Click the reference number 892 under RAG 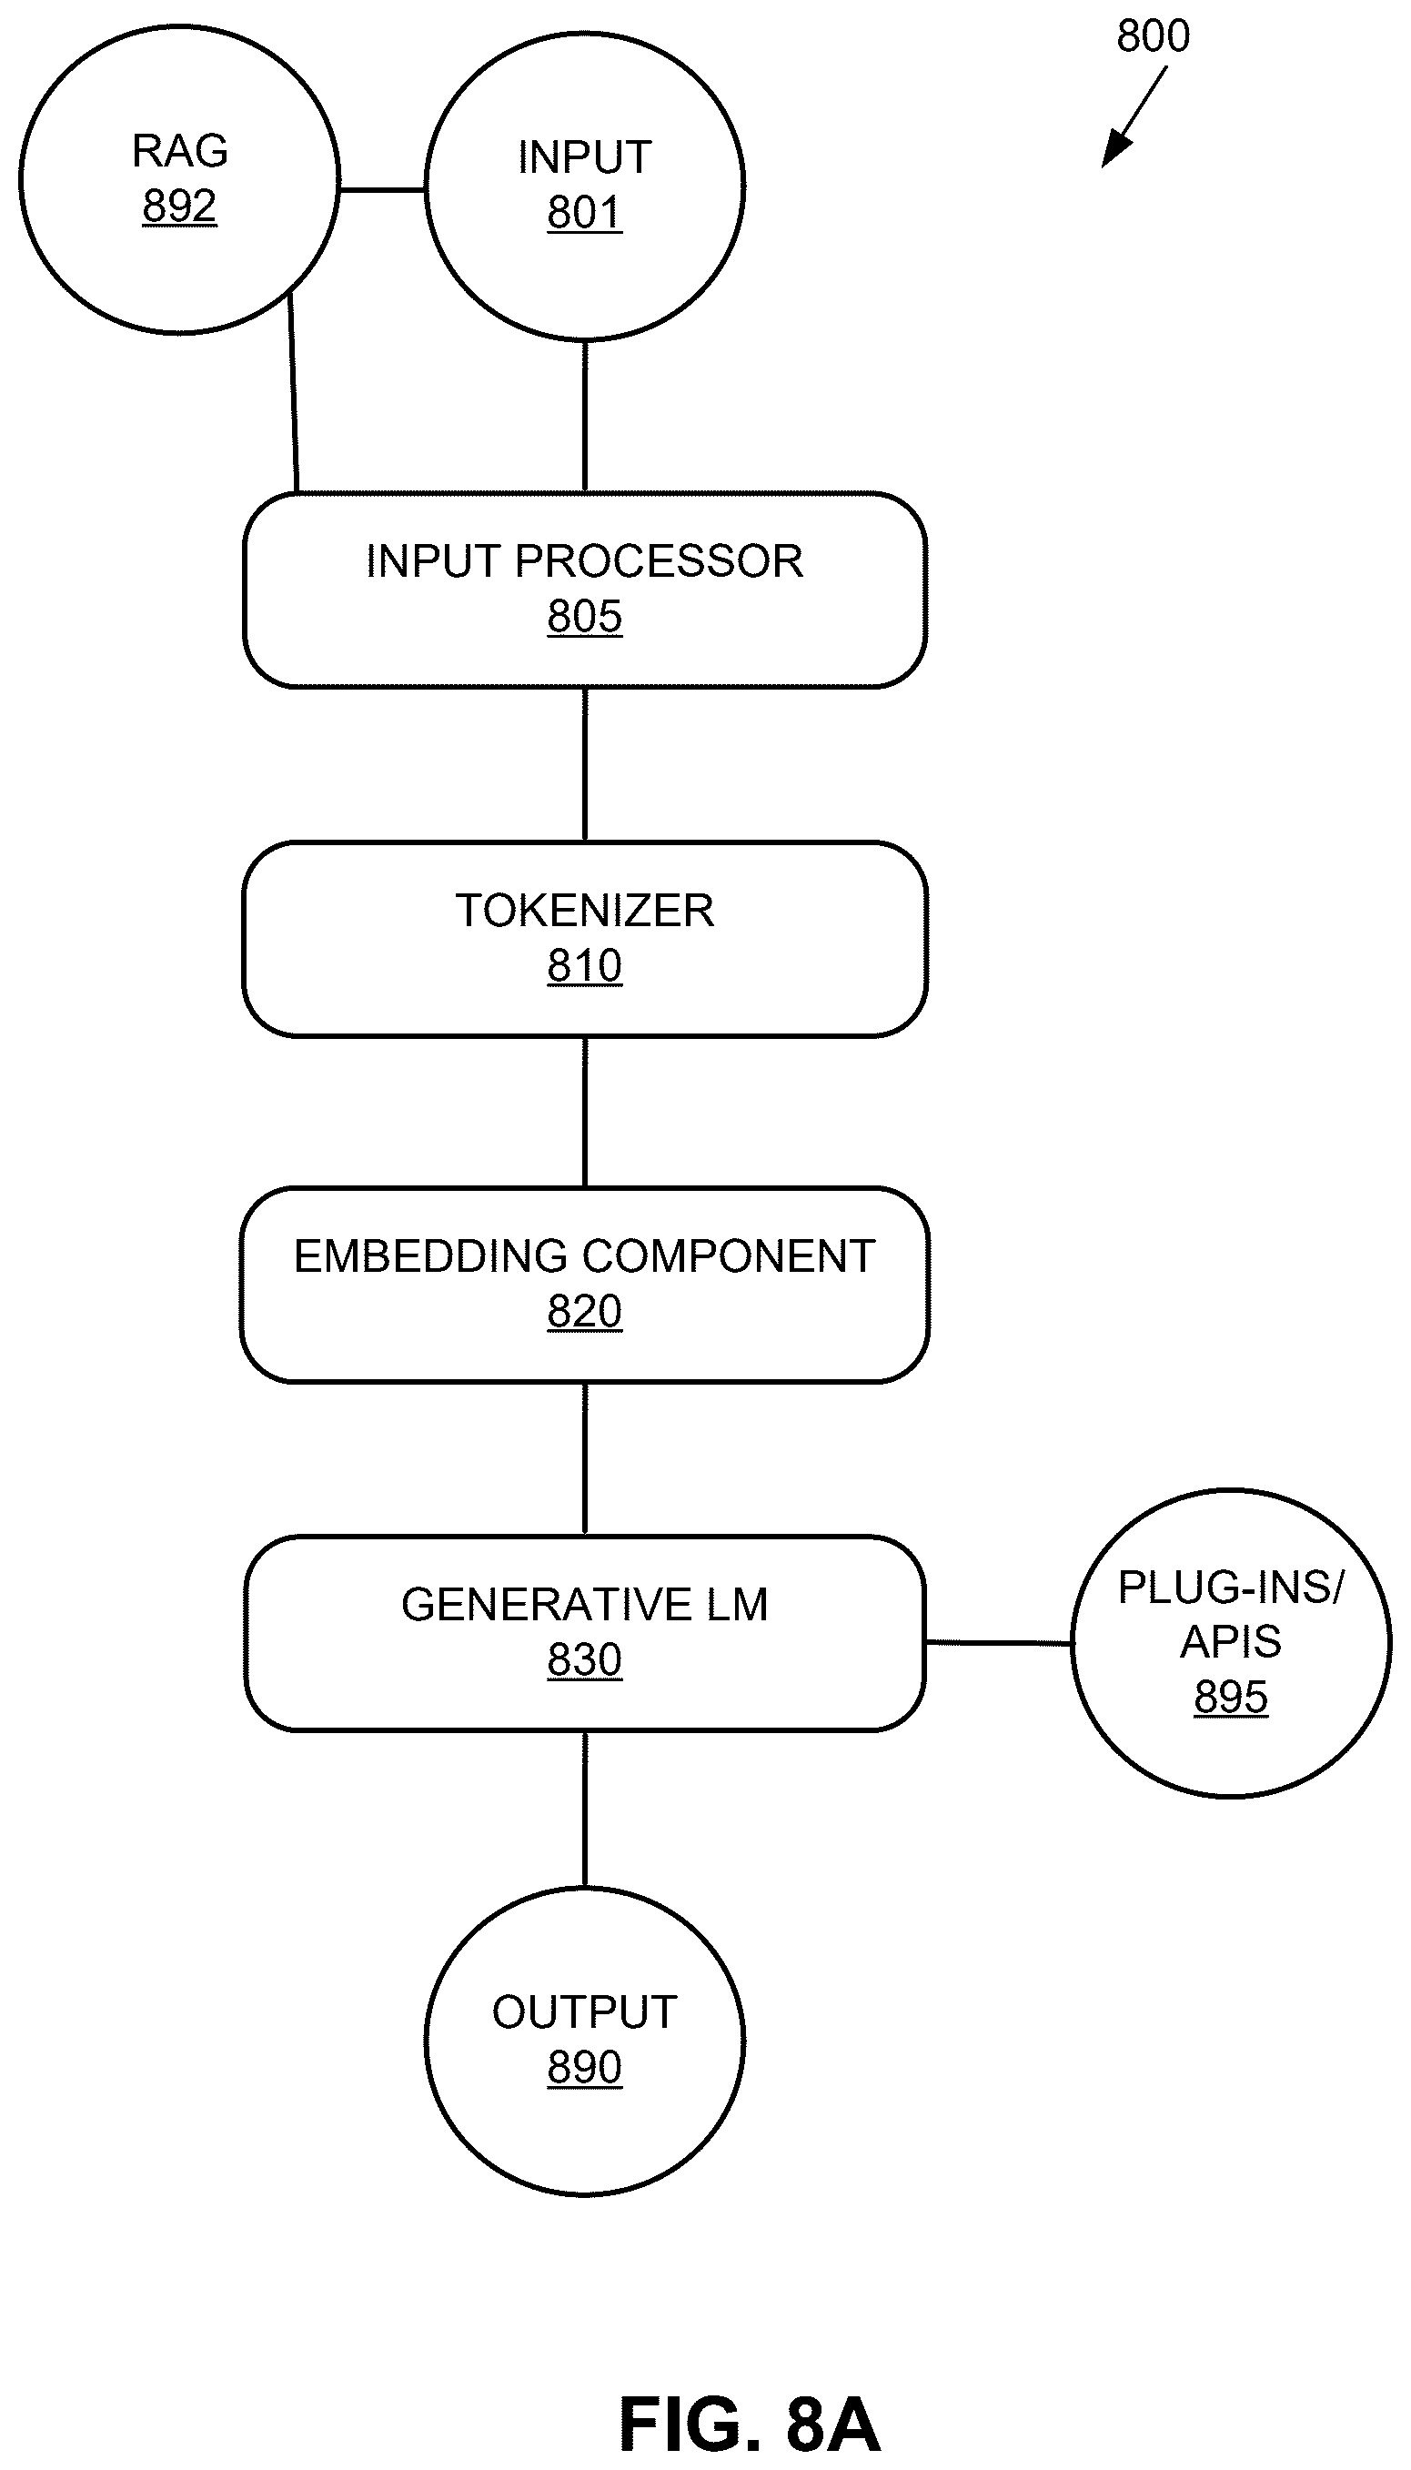(x=179, y=207)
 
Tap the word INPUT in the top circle (x=584, y=157)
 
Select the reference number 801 (x=584, y=212)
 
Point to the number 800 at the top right (x=1153, y=35)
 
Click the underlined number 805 (x=584, y=616)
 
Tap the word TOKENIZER (x=584, y=911)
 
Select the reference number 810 (x=584, y=966)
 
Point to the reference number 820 (x=584, y=1312)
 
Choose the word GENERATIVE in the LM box (x=547, y=1606)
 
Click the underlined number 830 (x=584, y=1661)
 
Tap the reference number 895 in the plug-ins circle (x=1231, y=1697)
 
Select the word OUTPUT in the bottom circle (x=584, y=2012)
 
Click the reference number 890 (x=584, y=2068)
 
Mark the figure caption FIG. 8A (x=749, y=2425)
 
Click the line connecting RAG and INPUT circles (x=383, y=190)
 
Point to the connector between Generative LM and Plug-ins (x=999, y=1642)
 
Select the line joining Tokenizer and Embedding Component (x=584, y=1113)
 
